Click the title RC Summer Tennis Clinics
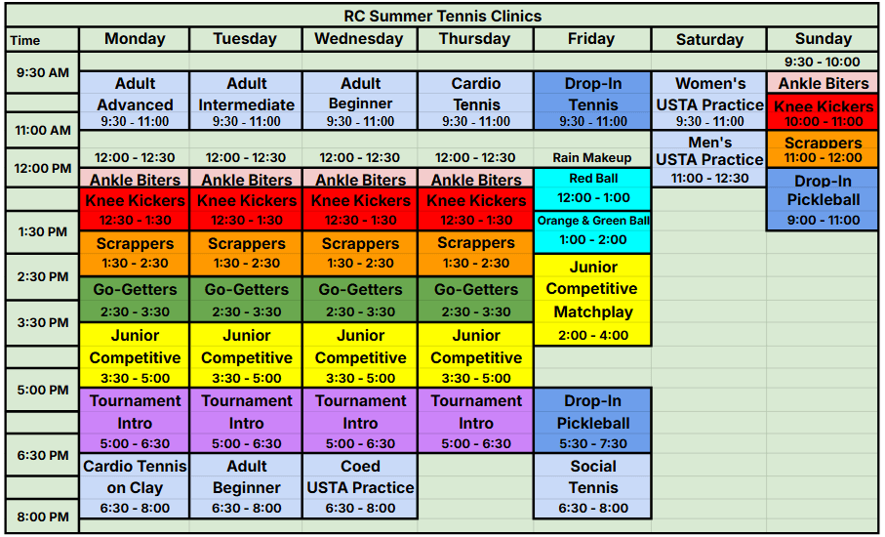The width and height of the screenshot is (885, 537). pos(443,16)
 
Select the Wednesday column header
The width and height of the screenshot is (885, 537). pos(359,39)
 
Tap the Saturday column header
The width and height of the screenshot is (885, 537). pos(709,39)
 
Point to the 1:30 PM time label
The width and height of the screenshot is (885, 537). pos(42,231)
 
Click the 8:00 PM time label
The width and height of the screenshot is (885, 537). pos(42,516)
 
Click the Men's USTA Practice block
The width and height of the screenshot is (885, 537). pos(709,159)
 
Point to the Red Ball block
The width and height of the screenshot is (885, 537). pos(592,189)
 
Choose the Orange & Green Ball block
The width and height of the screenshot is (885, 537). pos(592,231)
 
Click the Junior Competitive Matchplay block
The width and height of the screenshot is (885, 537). pos(592,300)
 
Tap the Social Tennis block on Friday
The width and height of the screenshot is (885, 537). pos(592,486)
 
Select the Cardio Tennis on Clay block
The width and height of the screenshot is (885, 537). pos(135,486)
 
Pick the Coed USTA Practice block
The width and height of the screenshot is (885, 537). pos(359,486)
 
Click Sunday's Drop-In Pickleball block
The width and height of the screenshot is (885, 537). pos(823,199)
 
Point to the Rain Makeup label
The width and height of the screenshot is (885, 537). pos(592,157)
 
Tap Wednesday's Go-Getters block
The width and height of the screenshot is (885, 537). pos(359,300)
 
